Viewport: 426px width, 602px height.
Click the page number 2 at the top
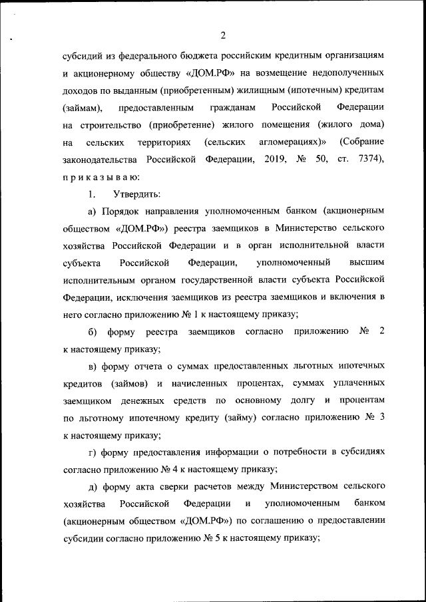click(223, 35)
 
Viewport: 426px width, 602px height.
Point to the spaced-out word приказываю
click(101, 177)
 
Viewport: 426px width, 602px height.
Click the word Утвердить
click(136, 194)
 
